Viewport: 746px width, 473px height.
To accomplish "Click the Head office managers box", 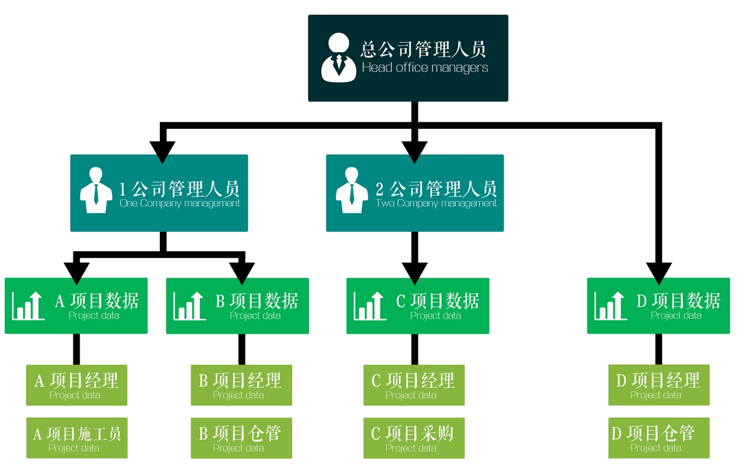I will coord(408,58).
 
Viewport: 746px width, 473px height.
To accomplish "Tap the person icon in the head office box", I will coord(338,58).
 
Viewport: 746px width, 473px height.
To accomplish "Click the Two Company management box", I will coord(415,193).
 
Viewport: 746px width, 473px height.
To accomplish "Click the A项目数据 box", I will coord(76,306).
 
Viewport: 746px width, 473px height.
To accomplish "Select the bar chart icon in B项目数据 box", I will coord(189,306).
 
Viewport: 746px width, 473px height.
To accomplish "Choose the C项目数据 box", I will coord(418,306).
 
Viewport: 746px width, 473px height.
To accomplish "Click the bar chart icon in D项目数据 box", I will coord(611,306).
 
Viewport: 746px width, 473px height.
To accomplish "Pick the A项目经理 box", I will coord(77,385).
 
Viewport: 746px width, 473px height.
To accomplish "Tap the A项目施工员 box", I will coord(77,438).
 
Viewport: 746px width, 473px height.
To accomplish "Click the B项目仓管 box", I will coord(241,438).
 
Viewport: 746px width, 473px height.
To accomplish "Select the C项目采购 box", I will coord(414,438).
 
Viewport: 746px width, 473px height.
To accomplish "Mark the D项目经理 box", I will coord(659,385).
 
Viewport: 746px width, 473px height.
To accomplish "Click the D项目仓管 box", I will coord(659,438).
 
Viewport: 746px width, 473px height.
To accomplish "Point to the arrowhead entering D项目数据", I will coord(659,272).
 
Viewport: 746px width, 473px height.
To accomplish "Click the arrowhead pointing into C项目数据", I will coord(415,272).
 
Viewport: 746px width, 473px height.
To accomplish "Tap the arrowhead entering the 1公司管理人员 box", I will coord(162,151).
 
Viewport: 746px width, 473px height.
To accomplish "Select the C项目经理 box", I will coord(414,385).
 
